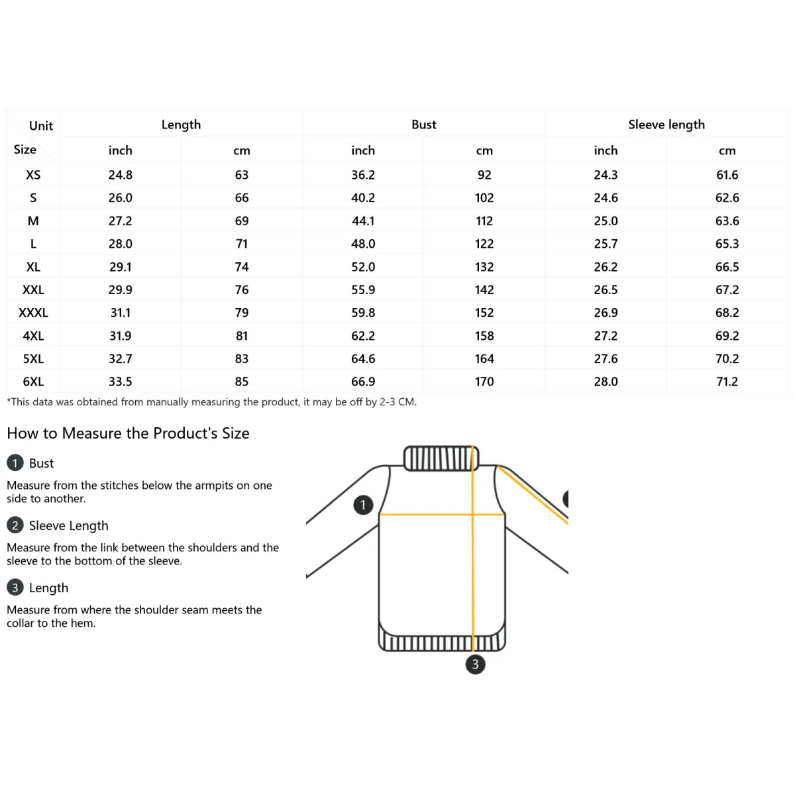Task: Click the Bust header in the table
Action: pos(424,125)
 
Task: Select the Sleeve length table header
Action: pos(666,125)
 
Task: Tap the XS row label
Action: pos(33,175)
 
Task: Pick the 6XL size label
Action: pos(33,382)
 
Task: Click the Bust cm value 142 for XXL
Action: pos(484,290)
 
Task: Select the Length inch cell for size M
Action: pos(121,221)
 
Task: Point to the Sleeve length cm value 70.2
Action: pos(727,358)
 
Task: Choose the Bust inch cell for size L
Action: pos(363,244)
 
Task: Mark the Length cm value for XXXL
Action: pos(242,313)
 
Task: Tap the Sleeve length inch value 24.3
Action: pos(606,175)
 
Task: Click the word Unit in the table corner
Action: pos(41,126)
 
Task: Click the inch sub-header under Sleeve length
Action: pos(606,150)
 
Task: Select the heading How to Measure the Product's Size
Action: pos(128,433)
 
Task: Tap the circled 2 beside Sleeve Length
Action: pos(15,525)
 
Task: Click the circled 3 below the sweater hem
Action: pos(475,664)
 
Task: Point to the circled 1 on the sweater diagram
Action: pos(363,505)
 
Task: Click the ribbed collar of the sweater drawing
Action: pos(441,458)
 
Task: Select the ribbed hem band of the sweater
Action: pos(442,642)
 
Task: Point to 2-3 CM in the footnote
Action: pos(397,402)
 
